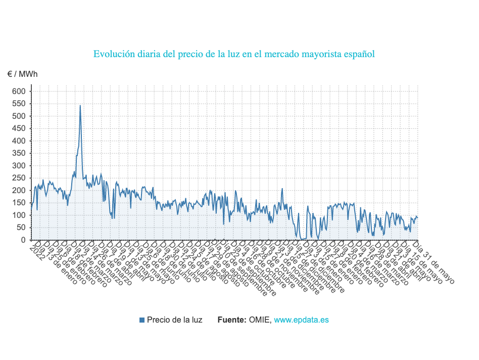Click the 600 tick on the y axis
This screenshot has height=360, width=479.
coord(19,92)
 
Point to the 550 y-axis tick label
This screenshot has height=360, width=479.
coord(19,104)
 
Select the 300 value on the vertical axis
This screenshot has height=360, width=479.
coord(19,166)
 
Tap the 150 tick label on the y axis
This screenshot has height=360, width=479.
coord(19,203)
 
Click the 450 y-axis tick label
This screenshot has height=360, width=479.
coord(19,128)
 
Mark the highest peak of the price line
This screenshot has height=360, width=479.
coord(80,106)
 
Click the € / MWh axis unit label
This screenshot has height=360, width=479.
coord(22,74)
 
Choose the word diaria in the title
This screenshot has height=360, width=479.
coord(152,54)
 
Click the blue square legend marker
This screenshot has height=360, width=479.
coord(142,320)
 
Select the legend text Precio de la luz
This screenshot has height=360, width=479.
coord(174,320)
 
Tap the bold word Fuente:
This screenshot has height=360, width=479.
coord(232,320)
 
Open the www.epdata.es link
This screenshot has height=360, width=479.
coord(302,320)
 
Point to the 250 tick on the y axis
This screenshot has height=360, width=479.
coord(19,178)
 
